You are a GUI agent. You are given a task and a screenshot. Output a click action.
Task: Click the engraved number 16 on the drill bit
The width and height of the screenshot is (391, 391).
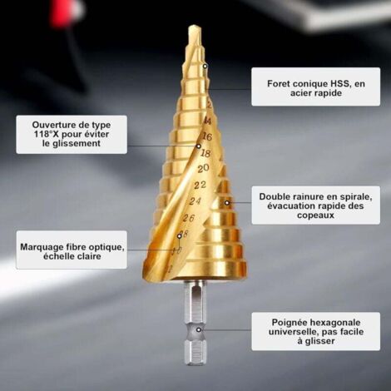click(207, 136)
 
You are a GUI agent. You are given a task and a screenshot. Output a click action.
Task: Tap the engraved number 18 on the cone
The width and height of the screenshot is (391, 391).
click(205, 153)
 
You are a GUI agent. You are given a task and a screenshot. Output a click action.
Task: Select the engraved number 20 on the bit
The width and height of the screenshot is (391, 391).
click(203, 168)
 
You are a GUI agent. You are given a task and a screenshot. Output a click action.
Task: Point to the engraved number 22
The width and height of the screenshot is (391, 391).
click(200, 185)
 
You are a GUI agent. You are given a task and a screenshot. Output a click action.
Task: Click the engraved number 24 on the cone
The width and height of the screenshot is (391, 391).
click(195, 201)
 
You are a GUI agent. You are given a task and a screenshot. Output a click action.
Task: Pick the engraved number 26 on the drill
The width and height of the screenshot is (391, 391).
click(189, 218)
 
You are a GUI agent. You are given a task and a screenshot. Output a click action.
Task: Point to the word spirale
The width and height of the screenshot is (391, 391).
click(355, 196)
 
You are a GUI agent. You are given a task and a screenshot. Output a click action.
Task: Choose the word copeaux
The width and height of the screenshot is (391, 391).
click(315, 215)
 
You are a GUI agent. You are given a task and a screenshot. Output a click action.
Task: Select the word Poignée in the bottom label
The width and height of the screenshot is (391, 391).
click(290, 323)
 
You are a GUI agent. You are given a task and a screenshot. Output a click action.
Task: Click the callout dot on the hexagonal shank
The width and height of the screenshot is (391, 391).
click(199, 329)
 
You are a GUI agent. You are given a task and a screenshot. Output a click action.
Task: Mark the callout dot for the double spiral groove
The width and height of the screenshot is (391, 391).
click(227, 203)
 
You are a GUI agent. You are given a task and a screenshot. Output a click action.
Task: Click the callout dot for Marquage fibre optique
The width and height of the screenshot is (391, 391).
click(180, 236)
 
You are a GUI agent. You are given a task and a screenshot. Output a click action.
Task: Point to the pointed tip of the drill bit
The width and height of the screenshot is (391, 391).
click(194, 27)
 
